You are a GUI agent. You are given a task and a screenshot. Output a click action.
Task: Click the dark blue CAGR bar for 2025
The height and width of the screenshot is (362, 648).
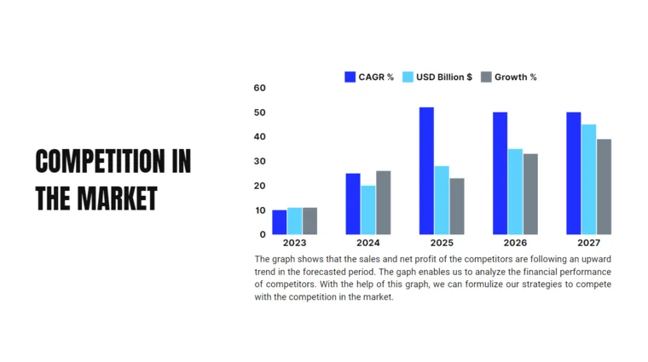click(x=426, y=170)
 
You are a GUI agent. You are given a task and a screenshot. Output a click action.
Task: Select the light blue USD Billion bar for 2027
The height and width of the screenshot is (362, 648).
click(x=588, y=179)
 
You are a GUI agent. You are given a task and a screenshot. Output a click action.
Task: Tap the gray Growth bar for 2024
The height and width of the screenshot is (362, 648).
click(x=383, y=203)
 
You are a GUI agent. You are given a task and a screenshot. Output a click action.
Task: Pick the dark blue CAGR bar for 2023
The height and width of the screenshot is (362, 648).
click(x=279, y=221)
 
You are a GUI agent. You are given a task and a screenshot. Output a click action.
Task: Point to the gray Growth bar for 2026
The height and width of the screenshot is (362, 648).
click(x=530, y=194)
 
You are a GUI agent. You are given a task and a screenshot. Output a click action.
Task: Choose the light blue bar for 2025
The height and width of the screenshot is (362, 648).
click(x=441, y=200)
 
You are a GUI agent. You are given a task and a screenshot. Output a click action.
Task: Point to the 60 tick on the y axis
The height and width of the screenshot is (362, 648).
click(x=260, y=88)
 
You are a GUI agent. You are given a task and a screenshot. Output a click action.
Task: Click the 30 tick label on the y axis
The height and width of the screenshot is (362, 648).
click(x=260, y=161)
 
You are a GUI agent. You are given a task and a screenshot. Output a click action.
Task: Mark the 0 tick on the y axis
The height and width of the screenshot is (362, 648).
click(x=263, y=234)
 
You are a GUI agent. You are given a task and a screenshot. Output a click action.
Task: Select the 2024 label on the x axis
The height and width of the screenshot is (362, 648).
click(x=368, y=244)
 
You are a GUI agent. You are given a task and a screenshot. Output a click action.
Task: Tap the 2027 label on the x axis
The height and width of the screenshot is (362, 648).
click(x=588, y=244)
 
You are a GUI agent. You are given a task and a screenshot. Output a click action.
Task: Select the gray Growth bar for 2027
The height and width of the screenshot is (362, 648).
click(x=604, y=187)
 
